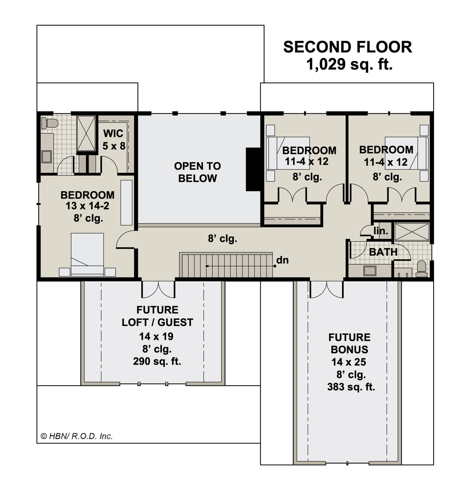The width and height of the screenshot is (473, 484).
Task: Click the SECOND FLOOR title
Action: (348, 47)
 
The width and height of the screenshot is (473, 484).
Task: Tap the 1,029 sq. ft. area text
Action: (349, 65)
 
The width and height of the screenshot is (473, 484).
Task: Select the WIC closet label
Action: (113, 134)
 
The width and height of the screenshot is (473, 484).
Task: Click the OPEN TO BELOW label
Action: (197, 172)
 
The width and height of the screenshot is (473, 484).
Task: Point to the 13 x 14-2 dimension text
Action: (88, 206)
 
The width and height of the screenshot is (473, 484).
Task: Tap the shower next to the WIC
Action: (86, 134)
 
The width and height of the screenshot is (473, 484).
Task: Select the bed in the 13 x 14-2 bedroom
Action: (88, 254)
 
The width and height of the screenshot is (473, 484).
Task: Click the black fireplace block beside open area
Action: (253, 169)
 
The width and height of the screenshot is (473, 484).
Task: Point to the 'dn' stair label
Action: (283, 260)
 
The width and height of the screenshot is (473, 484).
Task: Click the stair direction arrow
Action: (240, 266)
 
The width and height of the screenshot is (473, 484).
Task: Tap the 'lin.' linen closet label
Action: (381, 231)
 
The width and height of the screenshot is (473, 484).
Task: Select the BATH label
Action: (383, 252)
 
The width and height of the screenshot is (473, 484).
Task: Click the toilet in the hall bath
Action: (421, 269)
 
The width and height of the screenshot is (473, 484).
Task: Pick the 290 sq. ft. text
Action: (157, 362)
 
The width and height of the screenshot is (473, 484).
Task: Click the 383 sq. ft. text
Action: (351, 387)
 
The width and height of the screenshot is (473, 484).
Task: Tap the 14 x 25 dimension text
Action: (349, 362)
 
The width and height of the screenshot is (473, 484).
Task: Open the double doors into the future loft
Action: (158, 289)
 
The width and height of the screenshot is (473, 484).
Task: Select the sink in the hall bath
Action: (370, 271)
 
